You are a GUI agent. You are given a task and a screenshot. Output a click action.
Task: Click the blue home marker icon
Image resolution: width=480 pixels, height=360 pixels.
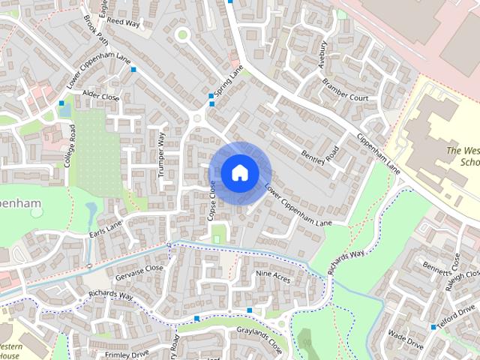pos(239,172)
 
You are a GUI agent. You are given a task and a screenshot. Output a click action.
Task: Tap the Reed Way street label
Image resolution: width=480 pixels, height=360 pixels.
pos(124,23)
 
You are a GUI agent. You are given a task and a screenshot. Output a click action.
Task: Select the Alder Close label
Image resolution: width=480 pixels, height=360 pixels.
pos(101,97)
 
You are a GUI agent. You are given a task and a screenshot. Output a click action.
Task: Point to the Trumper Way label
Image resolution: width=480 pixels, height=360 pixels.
pos(160,154)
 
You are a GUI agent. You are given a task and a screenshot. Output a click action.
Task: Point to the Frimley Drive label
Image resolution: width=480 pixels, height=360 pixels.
pos(127,353)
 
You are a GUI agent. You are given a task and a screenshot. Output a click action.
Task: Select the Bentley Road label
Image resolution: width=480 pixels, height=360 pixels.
pos(320,149)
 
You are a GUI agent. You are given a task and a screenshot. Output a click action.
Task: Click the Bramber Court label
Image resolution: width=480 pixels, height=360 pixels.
pos(344,93)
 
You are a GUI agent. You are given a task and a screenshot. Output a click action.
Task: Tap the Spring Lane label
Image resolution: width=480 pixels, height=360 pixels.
pos(228,81)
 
